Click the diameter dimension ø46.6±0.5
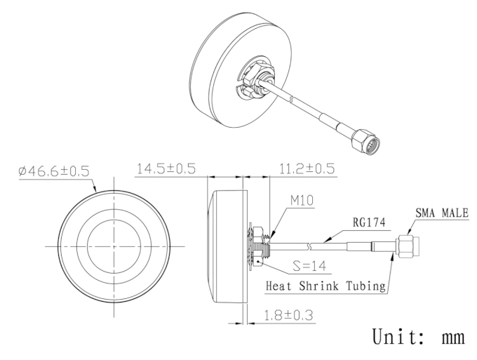[54, 171]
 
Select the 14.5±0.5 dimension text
[166, 168]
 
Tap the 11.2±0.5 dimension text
[307, 168]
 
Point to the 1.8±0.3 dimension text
[288, 315]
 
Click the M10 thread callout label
[302, 201]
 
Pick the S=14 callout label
[309, 266]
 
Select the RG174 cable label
[369, 222]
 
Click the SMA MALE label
[442, 213]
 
